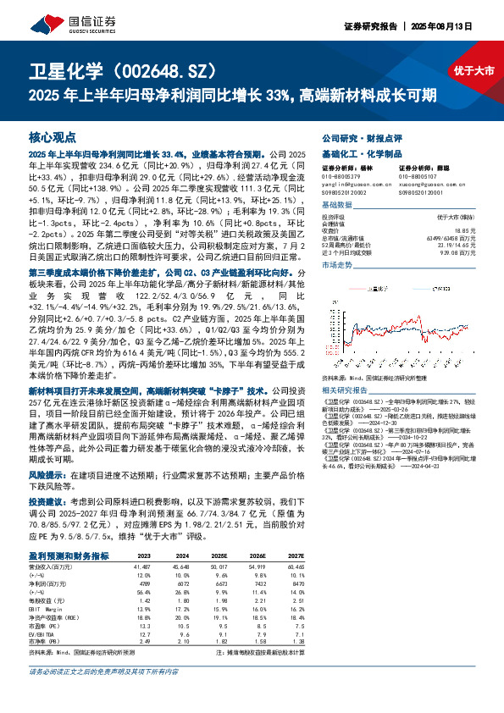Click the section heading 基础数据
[x=337, y=205]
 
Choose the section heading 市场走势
[x=337, y=265]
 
